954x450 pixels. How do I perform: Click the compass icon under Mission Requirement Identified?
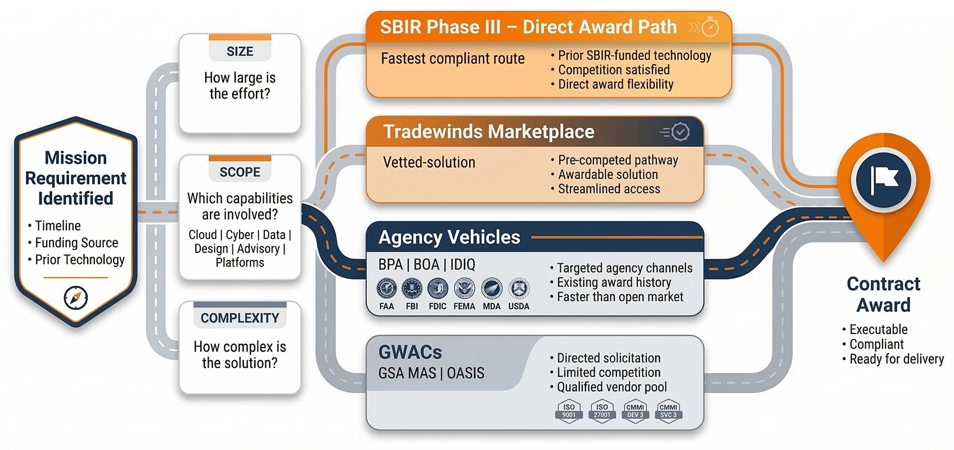point(75,298)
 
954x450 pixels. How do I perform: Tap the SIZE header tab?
point(240,51)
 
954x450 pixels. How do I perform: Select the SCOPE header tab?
point(240,172)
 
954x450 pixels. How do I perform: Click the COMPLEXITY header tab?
point(240,318)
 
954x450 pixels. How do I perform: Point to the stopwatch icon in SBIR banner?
point(710,26)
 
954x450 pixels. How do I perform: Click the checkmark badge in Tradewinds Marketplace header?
point(681,132)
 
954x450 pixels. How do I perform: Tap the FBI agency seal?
point(412,289)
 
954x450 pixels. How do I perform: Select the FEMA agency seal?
point(465,289)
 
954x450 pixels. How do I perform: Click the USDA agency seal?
point(519,289)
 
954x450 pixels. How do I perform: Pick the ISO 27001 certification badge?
point(602,411)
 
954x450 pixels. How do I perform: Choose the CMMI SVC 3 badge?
point(668,411)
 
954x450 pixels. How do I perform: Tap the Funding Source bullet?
point(76,242)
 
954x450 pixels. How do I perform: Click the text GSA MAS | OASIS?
point(431,373)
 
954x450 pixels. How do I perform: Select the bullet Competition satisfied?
point(614,70)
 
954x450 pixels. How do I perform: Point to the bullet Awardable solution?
point(607,174)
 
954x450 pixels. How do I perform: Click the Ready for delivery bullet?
point(896,359)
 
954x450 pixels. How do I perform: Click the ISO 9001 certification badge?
point(569,411)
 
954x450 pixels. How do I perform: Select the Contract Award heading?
point(883,294)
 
